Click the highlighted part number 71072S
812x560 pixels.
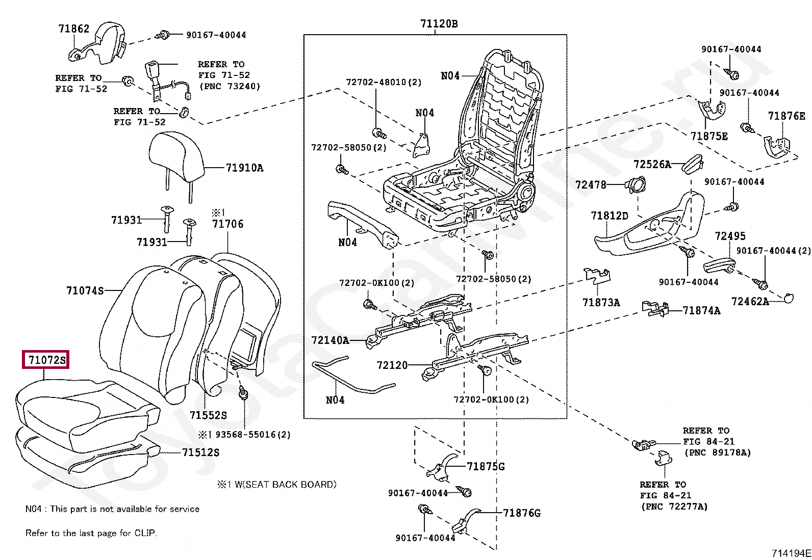(x=47, y=360)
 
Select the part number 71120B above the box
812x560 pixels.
(x=439, y=23)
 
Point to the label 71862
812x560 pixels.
(x=74, y=29)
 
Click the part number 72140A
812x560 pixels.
(x=330, y=340)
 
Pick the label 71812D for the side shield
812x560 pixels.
(x=610, y=216)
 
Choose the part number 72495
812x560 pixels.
(x=730, y=236)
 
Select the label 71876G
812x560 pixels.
(x=522, y=513)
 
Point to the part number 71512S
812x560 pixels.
(x=201, y=452)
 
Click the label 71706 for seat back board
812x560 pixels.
(x=228, y=224)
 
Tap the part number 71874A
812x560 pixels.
(x=701, y=310)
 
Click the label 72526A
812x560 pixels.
(x=652, y=164)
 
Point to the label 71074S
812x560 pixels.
(x=85, y=290)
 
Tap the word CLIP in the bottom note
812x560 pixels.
(x=145, y=533)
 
